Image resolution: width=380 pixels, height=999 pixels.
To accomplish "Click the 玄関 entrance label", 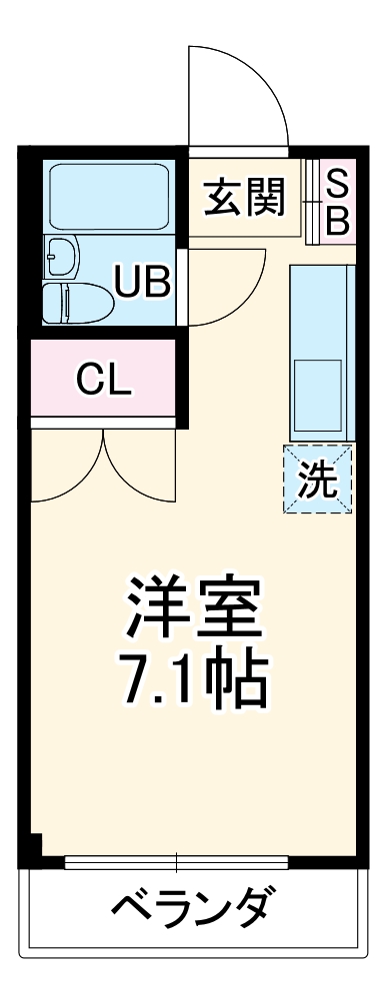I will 245,198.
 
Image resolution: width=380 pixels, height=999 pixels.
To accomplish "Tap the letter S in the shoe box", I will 337,182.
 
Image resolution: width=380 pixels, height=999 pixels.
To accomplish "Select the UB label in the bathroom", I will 142,282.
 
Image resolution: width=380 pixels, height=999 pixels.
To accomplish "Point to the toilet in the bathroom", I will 80,300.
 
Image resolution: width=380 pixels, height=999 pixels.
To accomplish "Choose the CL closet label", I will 105,380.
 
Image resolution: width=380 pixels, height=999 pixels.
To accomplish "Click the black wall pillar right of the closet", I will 182,380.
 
